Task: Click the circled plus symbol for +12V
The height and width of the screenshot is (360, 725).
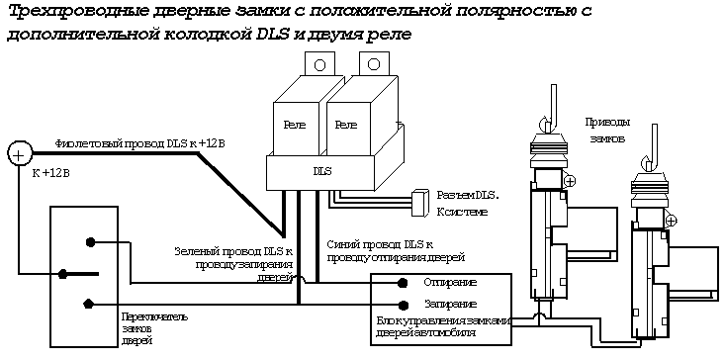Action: [19, 153]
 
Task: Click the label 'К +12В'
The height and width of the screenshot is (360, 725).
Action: [50, 173]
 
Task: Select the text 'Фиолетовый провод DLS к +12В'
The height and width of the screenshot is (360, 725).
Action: [140, 143]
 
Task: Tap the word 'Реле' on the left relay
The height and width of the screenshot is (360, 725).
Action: [295, 125]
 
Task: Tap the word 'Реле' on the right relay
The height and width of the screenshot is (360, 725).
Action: [345, 125]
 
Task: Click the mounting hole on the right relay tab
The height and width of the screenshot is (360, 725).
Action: [375, 64]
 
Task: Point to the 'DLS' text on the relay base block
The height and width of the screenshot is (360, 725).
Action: [322, 171]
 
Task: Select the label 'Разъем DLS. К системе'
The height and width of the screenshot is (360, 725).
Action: [467, 203]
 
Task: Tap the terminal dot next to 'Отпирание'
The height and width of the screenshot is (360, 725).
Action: [404, 283]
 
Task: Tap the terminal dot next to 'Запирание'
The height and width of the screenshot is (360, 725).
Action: [404, 305]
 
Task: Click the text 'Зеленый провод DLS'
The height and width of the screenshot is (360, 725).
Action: [232, 251]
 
